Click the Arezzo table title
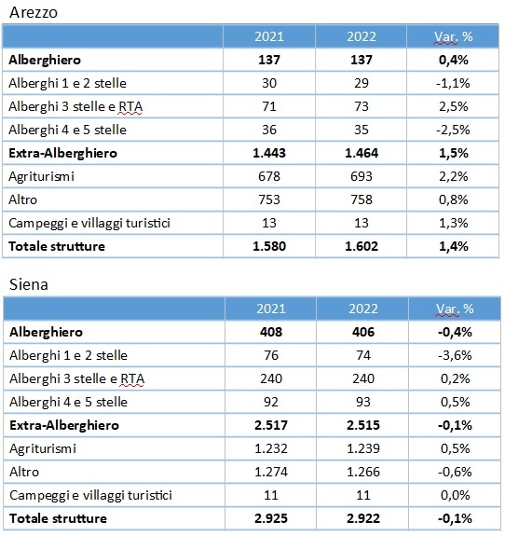pos(34,13)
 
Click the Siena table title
pos(29,284)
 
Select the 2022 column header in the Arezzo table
pos(362,36)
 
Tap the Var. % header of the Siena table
pos(455,309)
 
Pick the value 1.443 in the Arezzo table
pos(269,153)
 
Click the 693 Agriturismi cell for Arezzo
pos(362,176)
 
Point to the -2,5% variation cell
pos(453,130)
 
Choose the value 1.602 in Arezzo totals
pos(362,246)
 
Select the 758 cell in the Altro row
pos(362,199)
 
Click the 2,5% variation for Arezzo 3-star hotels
pos(454,106)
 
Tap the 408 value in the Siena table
pos(271,332)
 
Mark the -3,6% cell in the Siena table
pos(455,355)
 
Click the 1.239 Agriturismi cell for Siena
pos(362,448)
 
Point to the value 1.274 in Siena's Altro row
pos(271,472)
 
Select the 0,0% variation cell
pos(455,495)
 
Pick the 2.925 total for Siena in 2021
pos(271,518)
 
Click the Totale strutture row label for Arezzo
pos(57,246)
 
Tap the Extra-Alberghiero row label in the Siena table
pos(64,425)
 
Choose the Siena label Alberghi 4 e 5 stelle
pos(68,402)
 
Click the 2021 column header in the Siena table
pos(271,309)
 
